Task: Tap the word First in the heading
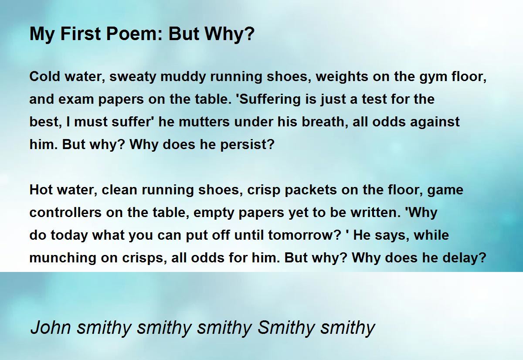tap(81, 34)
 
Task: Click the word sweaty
tap(132, 77)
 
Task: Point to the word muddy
tap(183, 77)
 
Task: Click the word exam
tap(76, 100)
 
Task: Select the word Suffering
tap(270, 100)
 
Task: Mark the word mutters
tap(204, 122)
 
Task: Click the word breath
tap(325, 122)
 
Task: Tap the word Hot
tap(41, 190)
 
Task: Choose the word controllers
tap(66, 213)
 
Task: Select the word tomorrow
tap(302, 235)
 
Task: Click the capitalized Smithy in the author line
tap(286, 328)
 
